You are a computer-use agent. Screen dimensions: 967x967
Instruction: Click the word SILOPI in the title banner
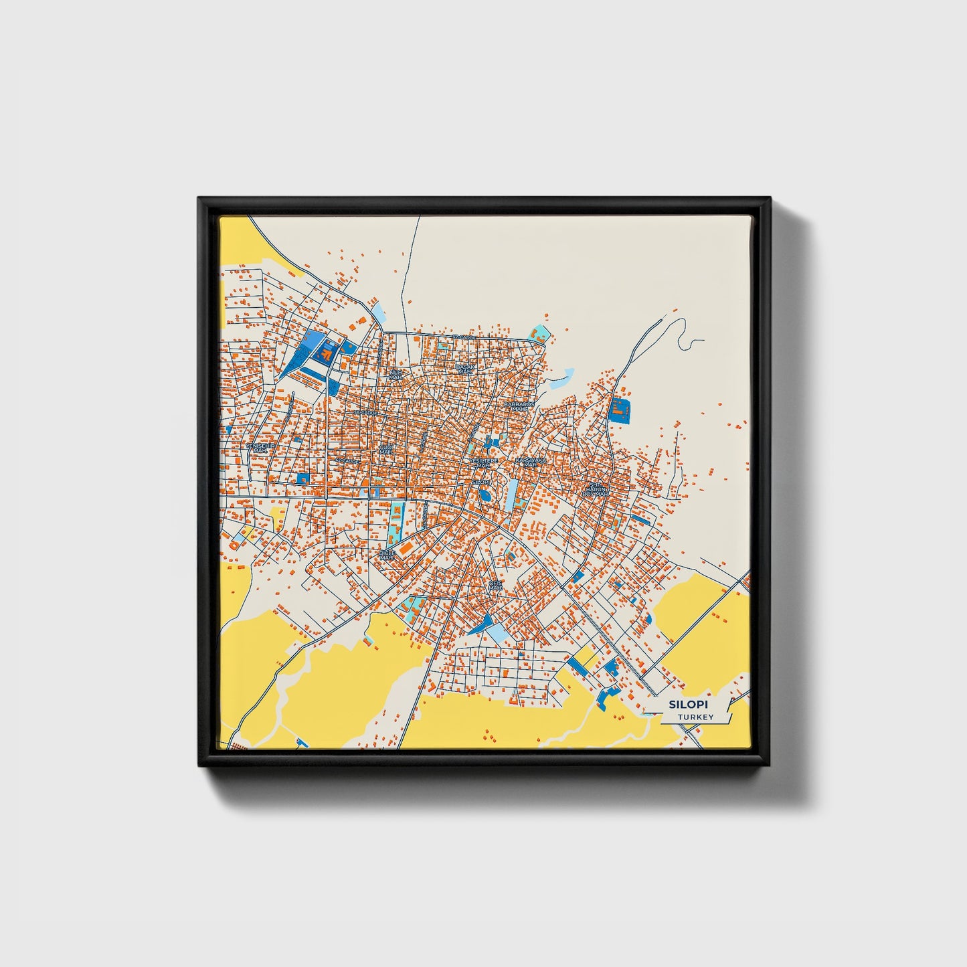click(689, 705)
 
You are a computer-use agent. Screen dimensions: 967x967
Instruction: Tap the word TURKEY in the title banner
click(695, 717)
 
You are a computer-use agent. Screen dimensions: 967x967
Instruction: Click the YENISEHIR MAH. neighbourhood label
click(260, 448)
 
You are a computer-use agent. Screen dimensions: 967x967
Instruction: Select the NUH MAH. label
click(395, 374)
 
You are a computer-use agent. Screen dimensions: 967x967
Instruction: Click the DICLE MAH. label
click(387, 555)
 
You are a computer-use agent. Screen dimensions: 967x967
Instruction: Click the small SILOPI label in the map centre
click(481, 482)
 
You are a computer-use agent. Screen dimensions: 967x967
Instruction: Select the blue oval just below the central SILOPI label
click(484, 496)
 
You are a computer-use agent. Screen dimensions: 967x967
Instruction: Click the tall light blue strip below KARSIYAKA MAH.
click(512, 495)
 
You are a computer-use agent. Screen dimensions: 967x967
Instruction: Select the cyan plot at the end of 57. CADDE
click(539, 332)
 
